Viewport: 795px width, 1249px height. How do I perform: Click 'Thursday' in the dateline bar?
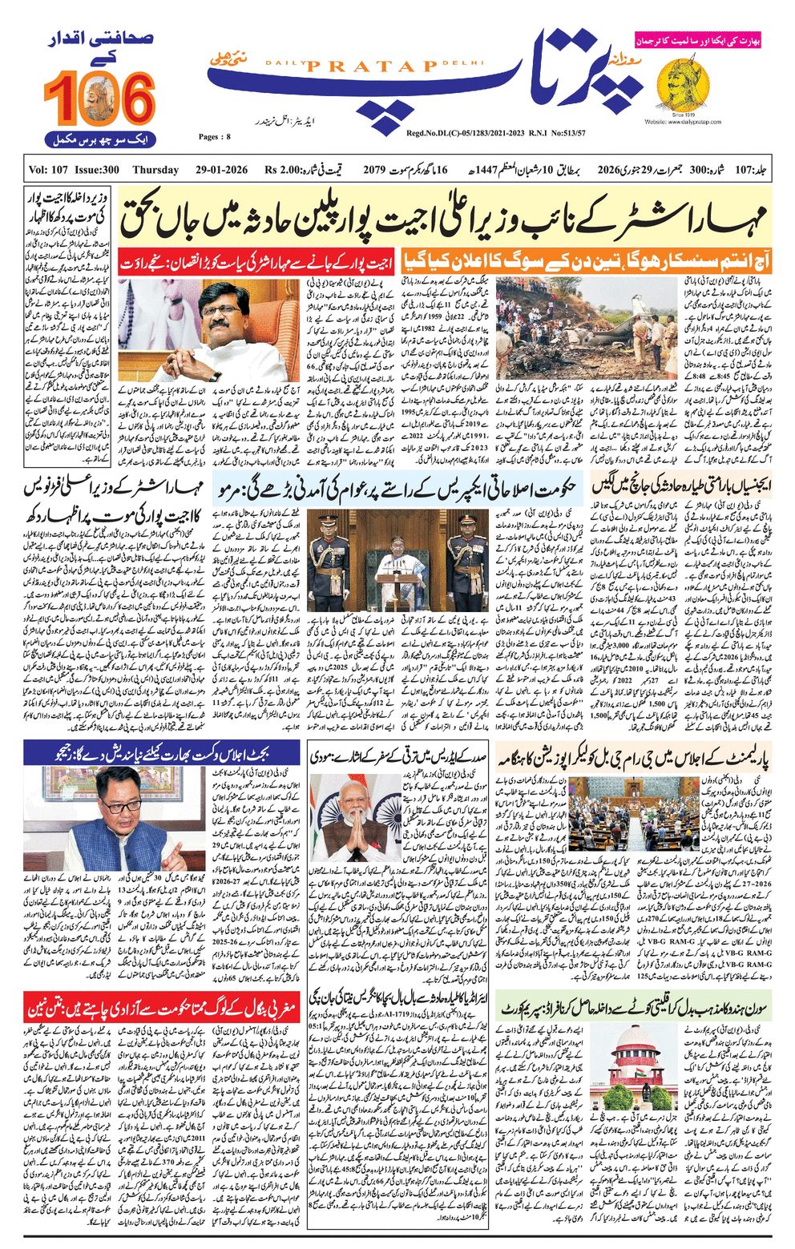pyautogui.click(x=155, y=170)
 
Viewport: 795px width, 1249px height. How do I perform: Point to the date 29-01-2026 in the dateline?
pyautogui.click(x=220, y=170)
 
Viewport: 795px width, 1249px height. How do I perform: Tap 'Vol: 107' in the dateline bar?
pyautogui.click(x=50, y=170)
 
